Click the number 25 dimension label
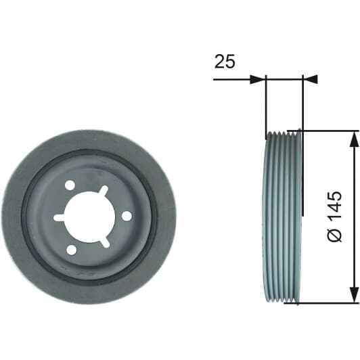point(225,62)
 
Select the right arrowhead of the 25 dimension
point(311,79)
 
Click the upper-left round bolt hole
point(70,185)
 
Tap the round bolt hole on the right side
point(127,217)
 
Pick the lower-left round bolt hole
point(72,250)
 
